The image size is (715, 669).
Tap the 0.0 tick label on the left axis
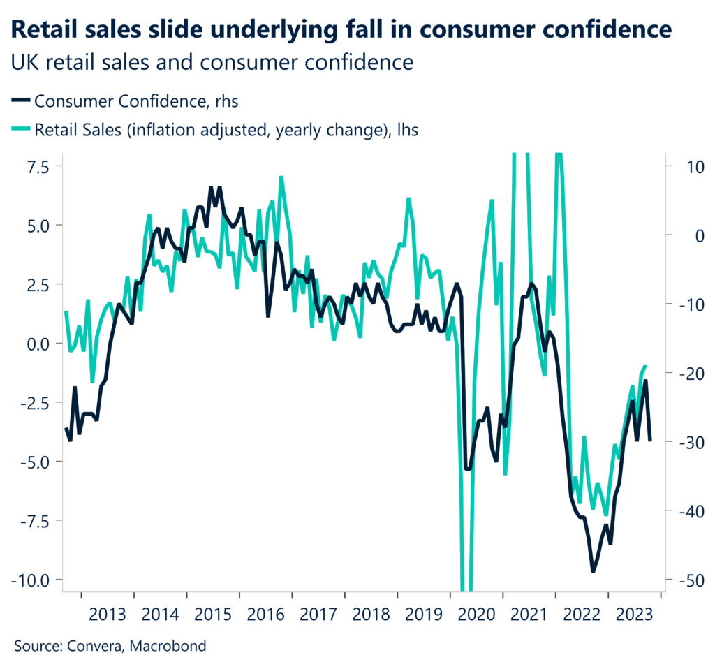click(33, 344)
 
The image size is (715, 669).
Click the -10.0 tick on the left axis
click(28, 580)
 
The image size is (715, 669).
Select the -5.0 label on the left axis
click(30, 462)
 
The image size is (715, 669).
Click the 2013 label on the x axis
click(108, 614)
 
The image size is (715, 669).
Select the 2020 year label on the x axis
click(476, 614)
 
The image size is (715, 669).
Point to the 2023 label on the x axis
click(634, 614)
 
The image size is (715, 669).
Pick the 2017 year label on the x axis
click(318, 614)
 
